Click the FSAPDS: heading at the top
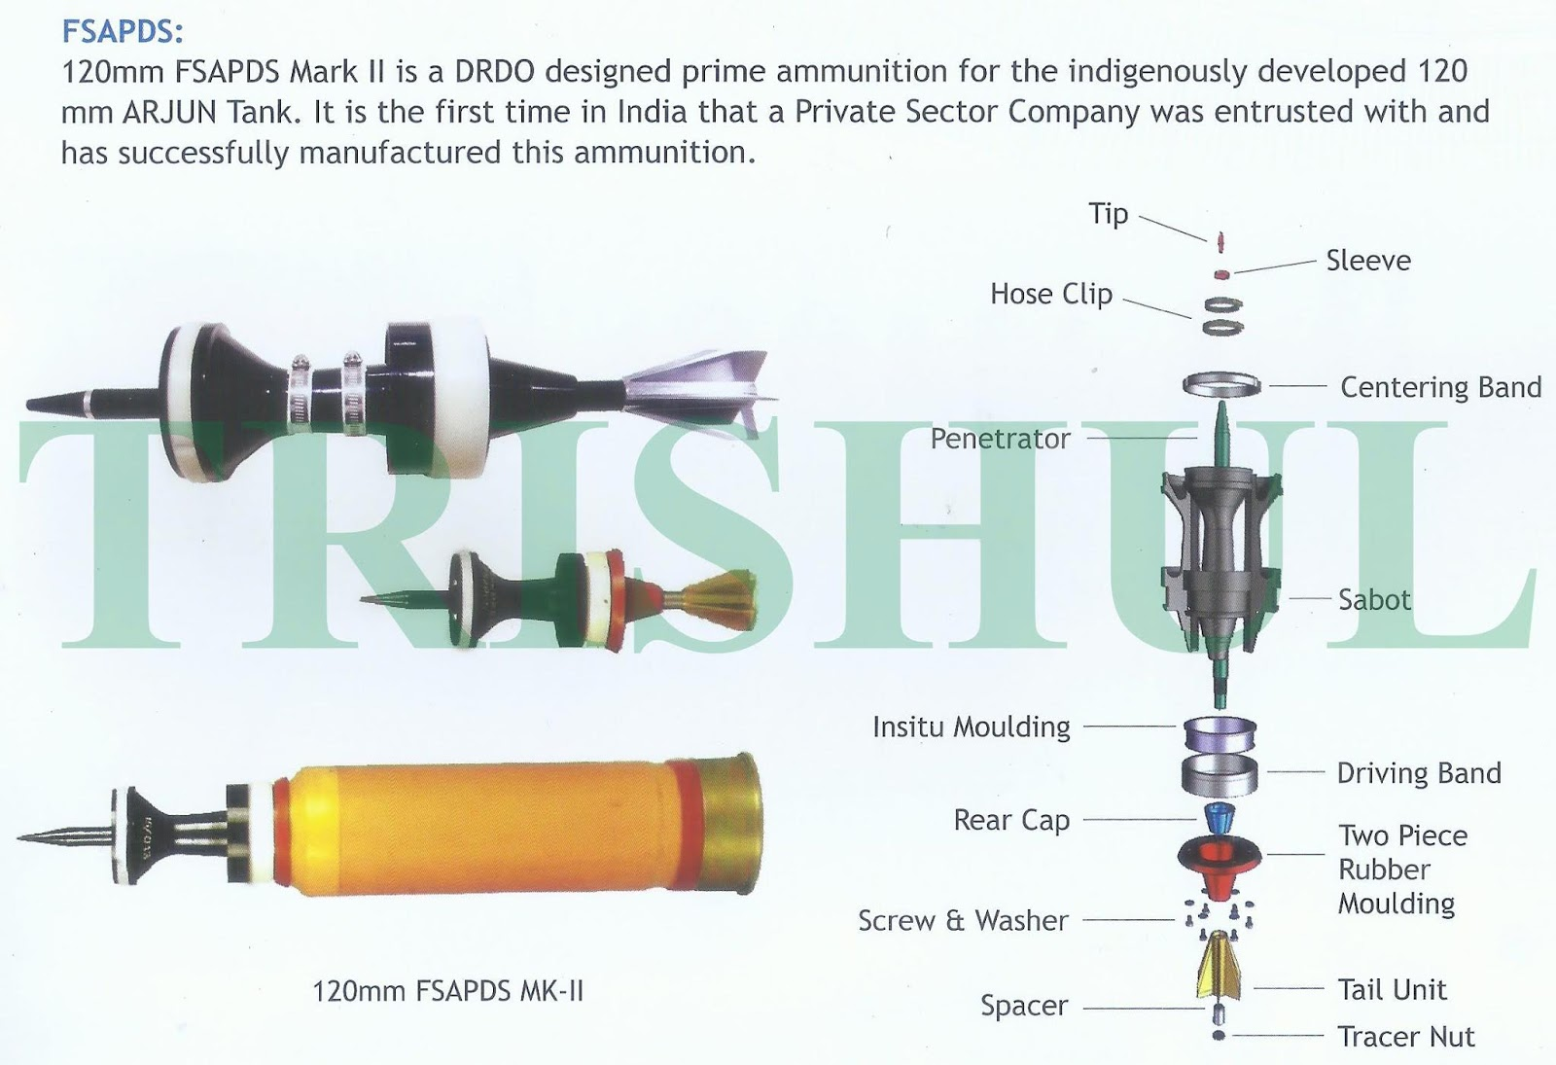point(123,31)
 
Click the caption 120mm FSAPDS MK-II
point(448,991)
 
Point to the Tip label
point(1108,214)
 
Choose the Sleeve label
point(1368,261)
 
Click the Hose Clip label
point(1051,294)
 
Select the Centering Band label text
point(1440,387)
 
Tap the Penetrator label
point(1001,439)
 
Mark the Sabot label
point(1375,599)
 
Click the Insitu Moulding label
point(972,727)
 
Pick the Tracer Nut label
point(1406,1037)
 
